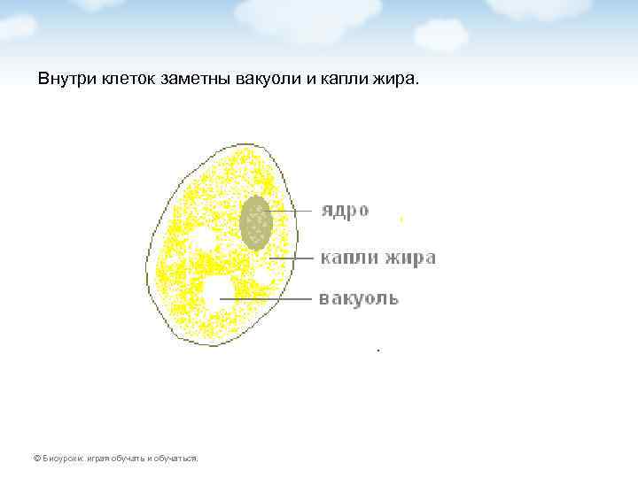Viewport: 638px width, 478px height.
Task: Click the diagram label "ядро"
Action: pyautogui.click(x=345, y=211)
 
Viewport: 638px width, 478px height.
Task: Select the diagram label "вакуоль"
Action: pyautogui.click(x=358, y=298)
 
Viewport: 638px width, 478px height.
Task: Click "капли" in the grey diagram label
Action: pyautogui.click(x=349, y=258)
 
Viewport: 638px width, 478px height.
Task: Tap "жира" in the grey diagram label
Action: pyautogui.click(x=409, y=258)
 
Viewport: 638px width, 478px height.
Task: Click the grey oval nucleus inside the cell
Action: pyautogui.click(x=256, y=222)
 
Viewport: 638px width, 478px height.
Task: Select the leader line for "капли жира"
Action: pyautogui.click(x=292, y=258)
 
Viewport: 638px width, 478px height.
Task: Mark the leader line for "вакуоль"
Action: pyautogui.click(x=266, y=299)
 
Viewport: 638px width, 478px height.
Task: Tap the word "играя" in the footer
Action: pyautogui.click(x=98, y=459)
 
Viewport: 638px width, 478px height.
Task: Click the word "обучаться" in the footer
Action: pyautogui.click(x=175, y=459)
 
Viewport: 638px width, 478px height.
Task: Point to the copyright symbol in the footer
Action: pyautogui.click(x=35, y=459)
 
